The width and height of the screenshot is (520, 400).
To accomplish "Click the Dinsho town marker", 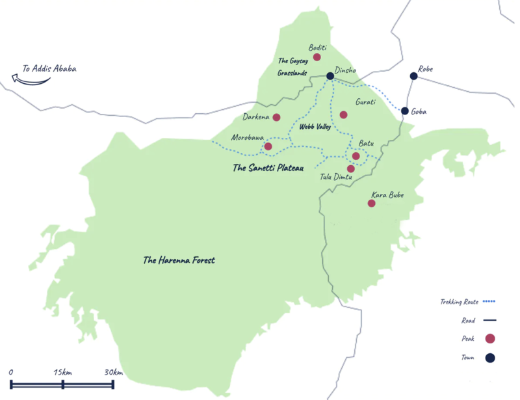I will click(x=330, y=76).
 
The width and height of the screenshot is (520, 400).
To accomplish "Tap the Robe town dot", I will click(x=413, y=77).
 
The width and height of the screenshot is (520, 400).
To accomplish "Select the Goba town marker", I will click(x=405, y=111).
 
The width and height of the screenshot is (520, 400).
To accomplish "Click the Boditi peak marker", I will click(x=317, y=57).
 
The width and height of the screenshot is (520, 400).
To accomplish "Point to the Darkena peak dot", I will click(x=276, y=118).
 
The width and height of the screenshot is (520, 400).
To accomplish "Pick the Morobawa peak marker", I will click(x=268, y=147).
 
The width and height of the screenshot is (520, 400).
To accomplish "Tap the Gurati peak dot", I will click(x=343, y=115).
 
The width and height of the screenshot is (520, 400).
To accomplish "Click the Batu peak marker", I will click(x=356, y=156).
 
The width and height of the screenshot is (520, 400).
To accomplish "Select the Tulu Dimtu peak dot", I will click(x=351, y=169).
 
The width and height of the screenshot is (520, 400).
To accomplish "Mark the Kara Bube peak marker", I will click(x=371, y=204).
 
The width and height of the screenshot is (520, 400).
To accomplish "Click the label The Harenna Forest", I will click(x=179, y=261).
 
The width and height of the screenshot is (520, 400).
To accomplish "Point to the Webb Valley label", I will click(x=315, y=127).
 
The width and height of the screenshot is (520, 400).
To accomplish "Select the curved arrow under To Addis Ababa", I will click(x=30, y=79).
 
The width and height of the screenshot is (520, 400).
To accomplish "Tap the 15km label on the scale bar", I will click(x=63, y=372).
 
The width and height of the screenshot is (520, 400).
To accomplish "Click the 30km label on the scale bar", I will click(x=113, y=372).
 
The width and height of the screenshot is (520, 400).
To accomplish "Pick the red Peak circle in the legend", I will click(x=490, y=338).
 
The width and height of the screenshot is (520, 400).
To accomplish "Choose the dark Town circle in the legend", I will click(x=490, y=357).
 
